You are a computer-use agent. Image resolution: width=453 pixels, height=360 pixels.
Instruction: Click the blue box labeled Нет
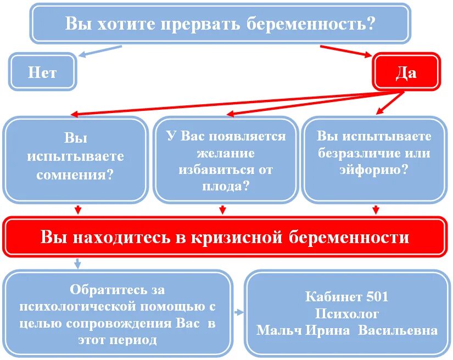(x=42, y=72)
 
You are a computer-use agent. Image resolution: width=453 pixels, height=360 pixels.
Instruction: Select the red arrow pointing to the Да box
(x=346, y=50)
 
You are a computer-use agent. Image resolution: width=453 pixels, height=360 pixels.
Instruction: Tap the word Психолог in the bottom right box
(x=347, y=313)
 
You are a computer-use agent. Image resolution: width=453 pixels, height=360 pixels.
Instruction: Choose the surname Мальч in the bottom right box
(x=278, y=330)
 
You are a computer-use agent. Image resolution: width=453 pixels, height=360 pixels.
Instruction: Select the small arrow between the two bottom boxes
(x=239, y=312)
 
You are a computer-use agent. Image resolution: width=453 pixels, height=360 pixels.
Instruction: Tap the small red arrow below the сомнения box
(x=77, y=210)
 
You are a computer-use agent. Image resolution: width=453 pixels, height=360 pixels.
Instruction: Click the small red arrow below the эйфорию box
(x=376, y=210)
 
